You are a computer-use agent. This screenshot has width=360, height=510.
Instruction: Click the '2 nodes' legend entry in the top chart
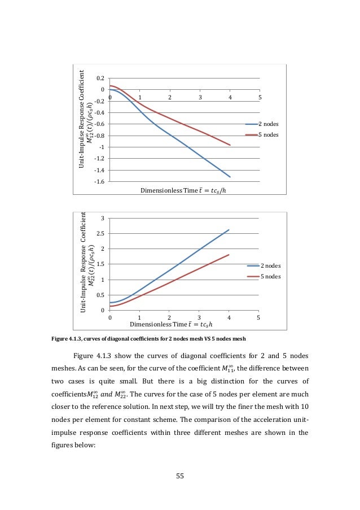[268, 124]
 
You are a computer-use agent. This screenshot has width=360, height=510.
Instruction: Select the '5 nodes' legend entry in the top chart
[268, 135]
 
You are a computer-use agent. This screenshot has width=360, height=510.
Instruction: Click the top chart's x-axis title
[186, 190]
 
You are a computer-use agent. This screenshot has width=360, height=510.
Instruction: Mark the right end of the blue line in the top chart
[230, 177]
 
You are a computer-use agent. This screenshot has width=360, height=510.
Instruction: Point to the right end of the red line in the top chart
[230, 145]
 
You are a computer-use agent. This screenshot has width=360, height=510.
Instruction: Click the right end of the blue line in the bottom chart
[229, 230]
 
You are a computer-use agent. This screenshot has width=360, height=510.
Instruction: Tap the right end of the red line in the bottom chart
[229, 255]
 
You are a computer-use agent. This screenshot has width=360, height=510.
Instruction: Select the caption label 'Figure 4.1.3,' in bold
[68, 339]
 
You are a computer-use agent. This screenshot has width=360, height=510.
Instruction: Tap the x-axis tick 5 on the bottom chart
[258, 317]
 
